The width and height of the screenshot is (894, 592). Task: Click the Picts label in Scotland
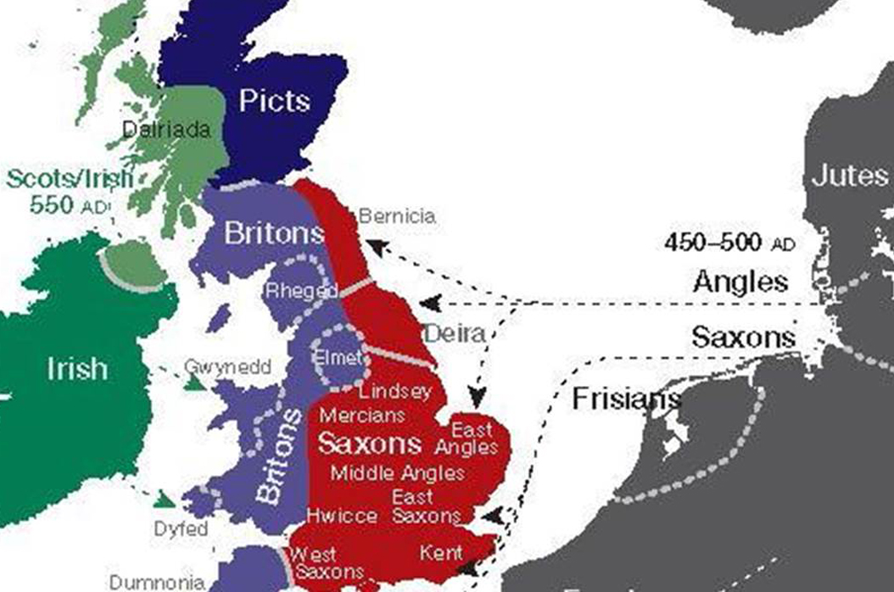(274, 101)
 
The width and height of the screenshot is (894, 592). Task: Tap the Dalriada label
(166, 130)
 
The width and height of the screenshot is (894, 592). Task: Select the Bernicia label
(397, 216)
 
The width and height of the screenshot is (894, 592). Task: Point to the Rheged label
(302, 291)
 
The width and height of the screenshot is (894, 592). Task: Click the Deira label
(455, 332)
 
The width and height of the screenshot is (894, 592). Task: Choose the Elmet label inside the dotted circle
(338, 358)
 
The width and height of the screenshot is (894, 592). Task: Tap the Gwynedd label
(228, 366)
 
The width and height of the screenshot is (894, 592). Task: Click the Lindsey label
(395, 392)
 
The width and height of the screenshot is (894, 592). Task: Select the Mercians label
(362, 416)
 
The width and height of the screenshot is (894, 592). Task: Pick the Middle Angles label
(398, 472)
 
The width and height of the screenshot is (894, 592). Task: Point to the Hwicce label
(342, 516)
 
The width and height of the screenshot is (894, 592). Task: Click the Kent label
(441, 554)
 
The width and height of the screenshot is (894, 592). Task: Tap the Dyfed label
(181, 528)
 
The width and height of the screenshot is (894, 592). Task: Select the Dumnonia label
(156, 583)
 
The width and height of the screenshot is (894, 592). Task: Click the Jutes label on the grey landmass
(849, 176)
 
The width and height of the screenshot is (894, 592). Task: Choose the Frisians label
(626, 399)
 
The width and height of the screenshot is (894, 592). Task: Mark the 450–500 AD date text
(730, 242)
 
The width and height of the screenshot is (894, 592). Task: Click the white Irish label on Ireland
(77, 368)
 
